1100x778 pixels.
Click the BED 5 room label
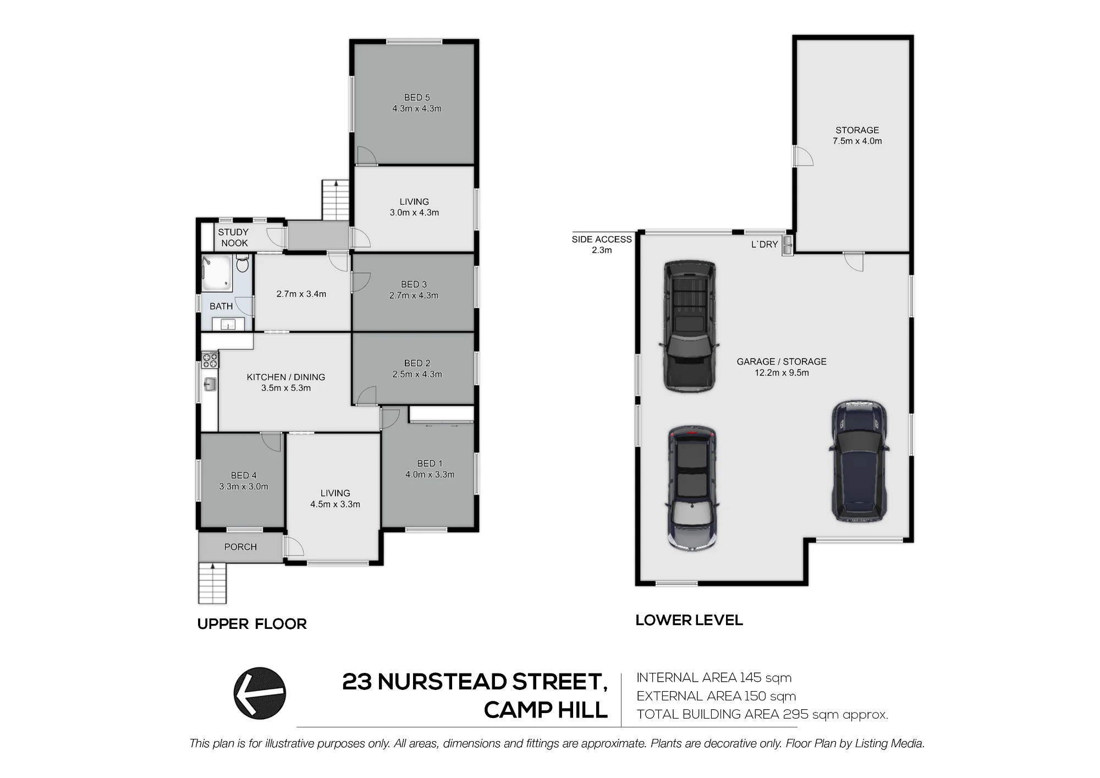417,97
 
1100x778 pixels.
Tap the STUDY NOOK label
234,238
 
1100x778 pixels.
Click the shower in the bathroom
216,273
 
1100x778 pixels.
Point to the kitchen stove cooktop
210,359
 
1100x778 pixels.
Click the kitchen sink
210,384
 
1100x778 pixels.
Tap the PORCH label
240,547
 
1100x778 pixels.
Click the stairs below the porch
212,583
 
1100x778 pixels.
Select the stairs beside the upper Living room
335,200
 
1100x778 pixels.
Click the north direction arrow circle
260,693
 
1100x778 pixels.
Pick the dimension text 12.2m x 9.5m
782,372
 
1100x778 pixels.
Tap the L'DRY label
765,244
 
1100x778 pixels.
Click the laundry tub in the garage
788,245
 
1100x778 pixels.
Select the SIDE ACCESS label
602,239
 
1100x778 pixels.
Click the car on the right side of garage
858,461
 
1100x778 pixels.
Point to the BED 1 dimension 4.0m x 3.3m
430,474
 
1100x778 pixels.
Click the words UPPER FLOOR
252,624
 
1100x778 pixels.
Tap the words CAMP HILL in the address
546,710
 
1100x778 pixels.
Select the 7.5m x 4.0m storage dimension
857,141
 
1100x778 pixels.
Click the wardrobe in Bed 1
442,414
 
